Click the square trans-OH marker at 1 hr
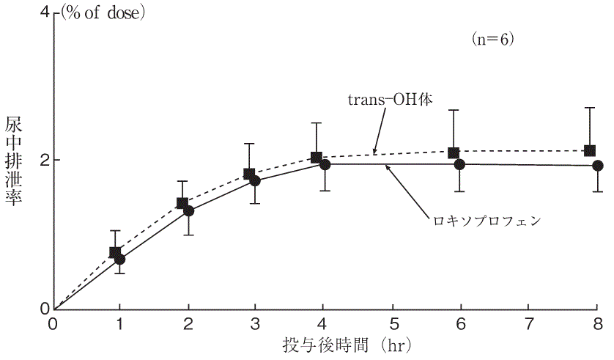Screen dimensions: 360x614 [x=115, y=252]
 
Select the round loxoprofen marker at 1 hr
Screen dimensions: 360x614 [x=120, y=259]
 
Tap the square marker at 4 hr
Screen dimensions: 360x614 [x=317, y=158]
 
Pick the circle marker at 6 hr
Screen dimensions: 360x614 [x=459, y=164]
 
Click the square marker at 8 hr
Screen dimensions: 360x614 [x=590, y=150]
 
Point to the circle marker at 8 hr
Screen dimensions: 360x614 [x=597, y=166]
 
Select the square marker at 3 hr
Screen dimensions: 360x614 [x=249, y=175]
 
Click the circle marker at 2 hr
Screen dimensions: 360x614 [x=188, y=210]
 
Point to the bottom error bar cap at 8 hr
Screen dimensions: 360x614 [x=597, y=191]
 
